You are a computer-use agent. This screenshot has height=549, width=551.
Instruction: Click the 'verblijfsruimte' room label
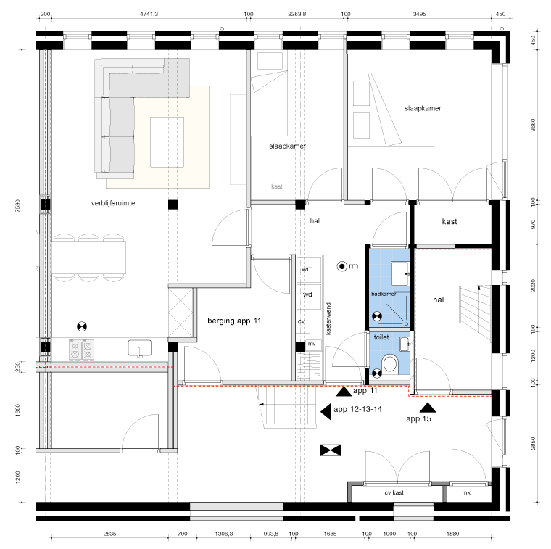tap(113, 203)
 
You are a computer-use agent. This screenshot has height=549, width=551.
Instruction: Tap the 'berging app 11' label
tap(234, 321)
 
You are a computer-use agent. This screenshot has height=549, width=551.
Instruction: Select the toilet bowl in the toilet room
tap(390, 363)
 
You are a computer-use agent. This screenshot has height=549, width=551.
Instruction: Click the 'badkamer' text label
tap(384, 294)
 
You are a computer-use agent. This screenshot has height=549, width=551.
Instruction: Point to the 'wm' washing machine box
tap(307, 269)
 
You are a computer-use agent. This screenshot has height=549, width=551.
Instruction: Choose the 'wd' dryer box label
tap(307, 294)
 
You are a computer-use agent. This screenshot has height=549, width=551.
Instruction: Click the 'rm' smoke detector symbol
tap(342, 266)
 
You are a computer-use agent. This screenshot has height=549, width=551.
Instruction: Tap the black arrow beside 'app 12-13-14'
tap(326, 411)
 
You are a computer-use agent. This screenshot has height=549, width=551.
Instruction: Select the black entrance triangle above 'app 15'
tap(428, 408)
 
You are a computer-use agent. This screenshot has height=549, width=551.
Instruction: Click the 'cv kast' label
tap(394, 492)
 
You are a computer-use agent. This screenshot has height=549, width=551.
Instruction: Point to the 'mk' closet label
tap(466, 492)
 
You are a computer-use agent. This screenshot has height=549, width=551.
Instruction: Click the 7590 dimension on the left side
tap(17, 206)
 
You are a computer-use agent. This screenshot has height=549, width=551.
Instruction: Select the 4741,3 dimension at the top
tap(149, 14)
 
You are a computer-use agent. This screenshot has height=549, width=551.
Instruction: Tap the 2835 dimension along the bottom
tap(109, 534)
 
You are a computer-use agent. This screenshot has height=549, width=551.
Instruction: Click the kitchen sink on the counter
tap(139, 348)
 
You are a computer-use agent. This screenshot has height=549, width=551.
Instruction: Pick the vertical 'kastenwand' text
tap(328, 319)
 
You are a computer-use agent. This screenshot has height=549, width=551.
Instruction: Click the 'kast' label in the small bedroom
tap(277, 186)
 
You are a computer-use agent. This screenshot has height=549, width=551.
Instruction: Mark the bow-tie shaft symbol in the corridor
tap(331, 450)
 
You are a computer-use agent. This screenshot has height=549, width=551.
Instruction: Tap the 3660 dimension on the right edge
tap(533, 125)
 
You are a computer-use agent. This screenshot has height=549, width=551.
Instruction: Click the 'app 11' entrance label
tap(365, 390)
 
